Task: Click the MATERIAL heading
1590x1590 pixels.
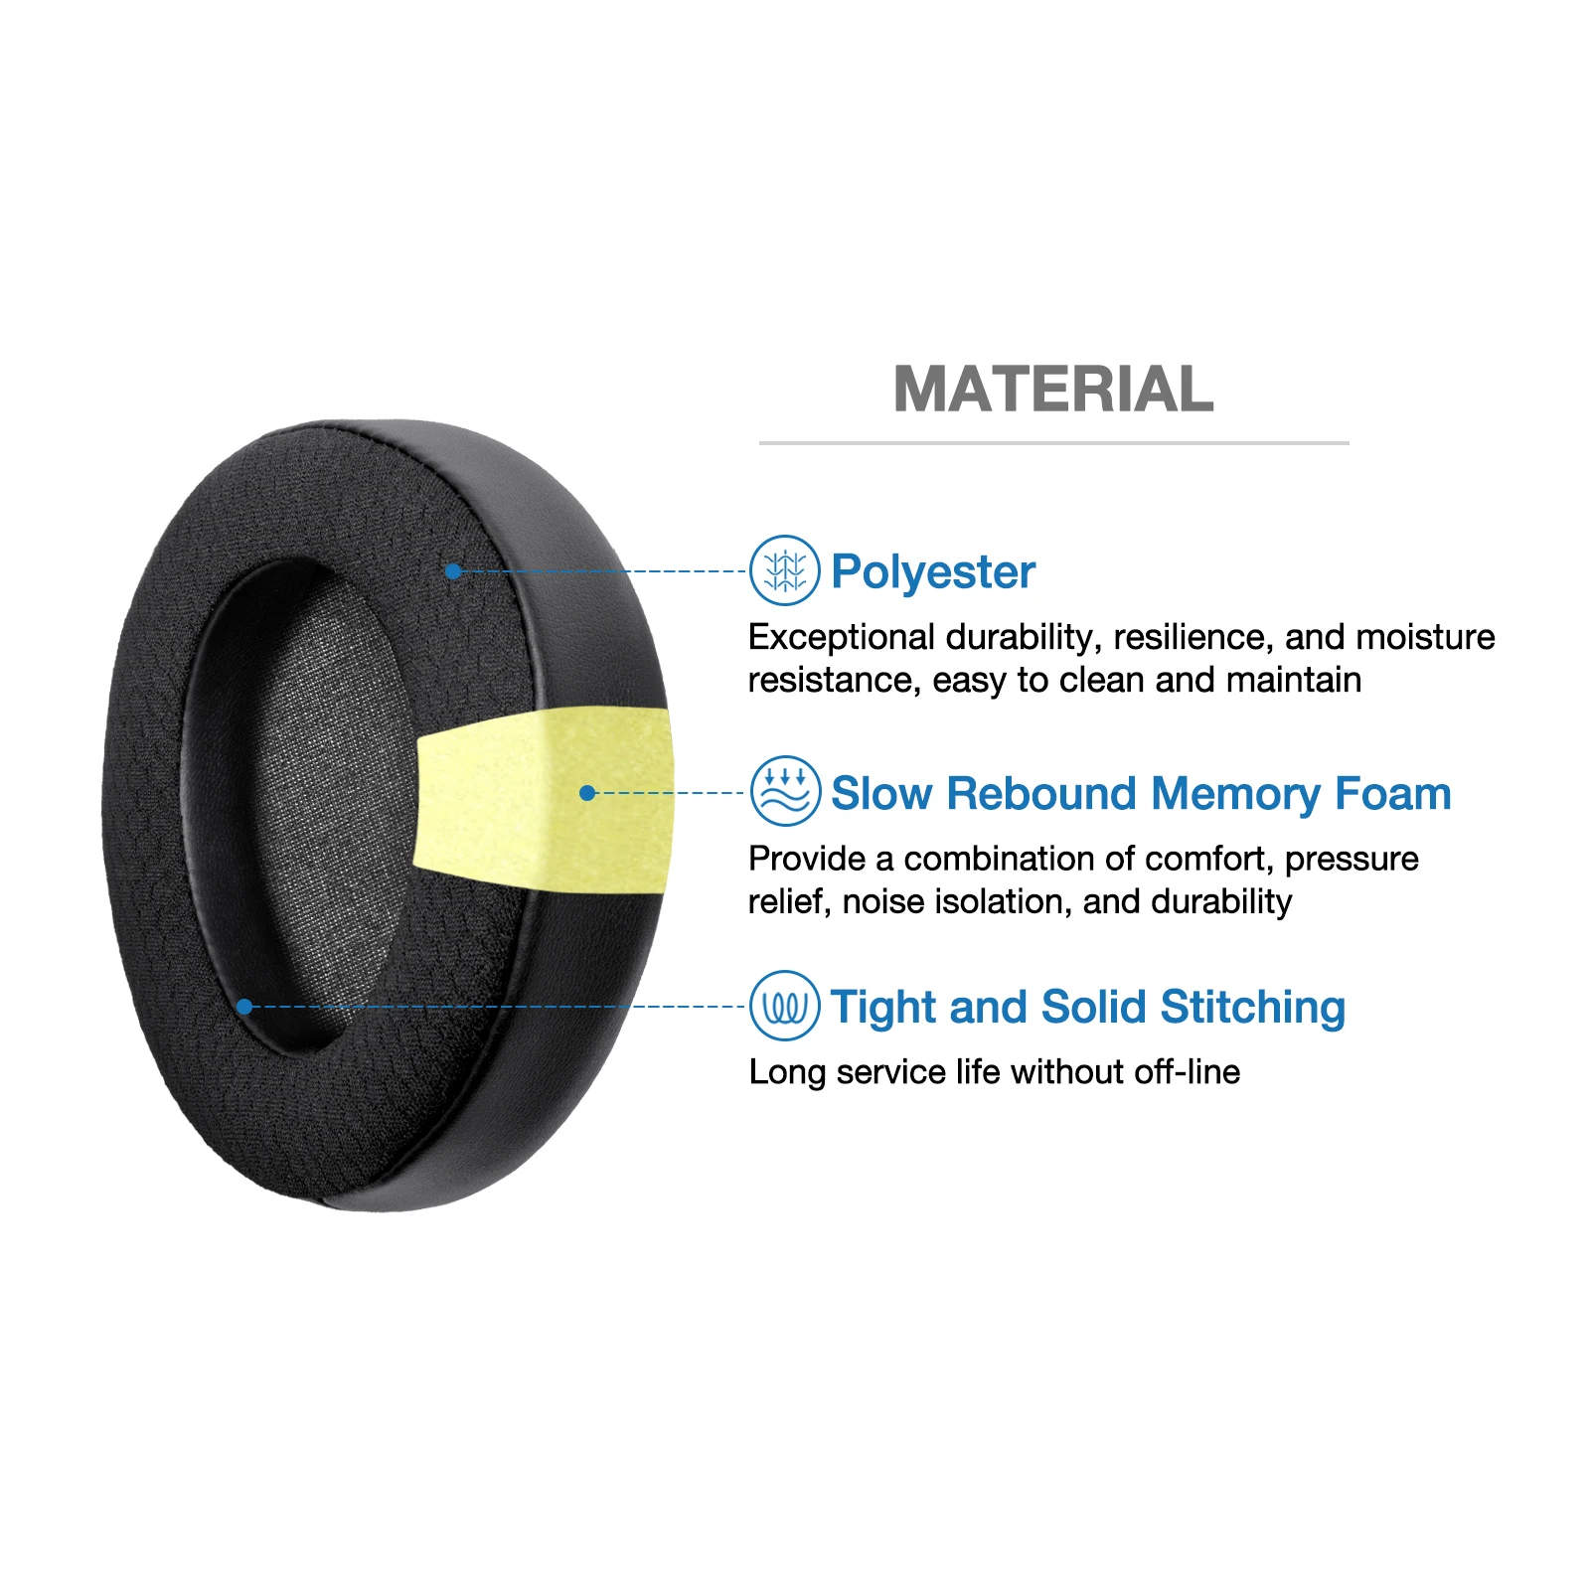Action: click(x=1053, y=389)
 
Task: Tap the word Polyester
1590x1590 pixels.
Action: click(x=932, y=572)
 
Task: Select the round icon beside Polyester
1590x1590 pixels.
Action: click(x=784, y=570)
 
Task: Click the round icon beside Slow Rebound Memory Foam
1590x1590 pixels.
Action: click(x=784, y=791)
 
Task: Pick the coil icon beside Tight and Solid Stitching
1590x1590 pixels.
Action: click(x=784, y=1006)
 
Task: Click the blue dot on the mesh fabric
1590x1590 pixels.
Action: click(x=453, y=571)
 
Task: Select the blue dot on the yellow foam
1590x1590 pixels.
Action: click(x=587, y=793)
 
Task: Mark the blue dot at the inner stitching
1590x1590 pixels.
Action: click(x=244, y=1007)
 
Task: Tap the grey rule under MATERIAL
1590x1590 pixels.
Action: click(x=1053, y=443)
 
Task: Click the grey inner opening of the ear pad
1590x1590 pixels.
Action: click(x=318, y=795)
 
